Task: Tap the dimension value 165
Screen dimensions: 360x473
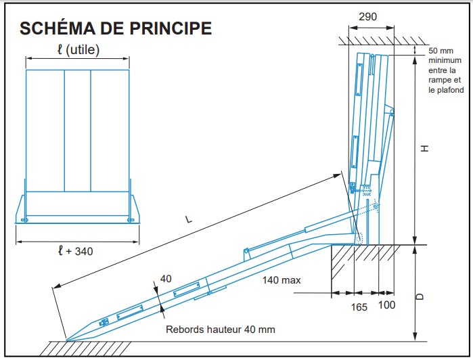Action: [x=359, y=307]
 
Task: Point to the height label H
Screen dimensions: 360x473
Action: [x=424, y=148]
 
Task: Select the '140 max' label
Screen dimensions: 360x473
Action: [x=282, y=279]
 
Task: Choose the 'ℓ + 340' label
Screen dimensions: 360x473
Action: [x=75, y=251]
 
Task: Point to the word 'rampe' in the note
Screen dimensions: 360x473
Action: [x=440, y=80]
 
